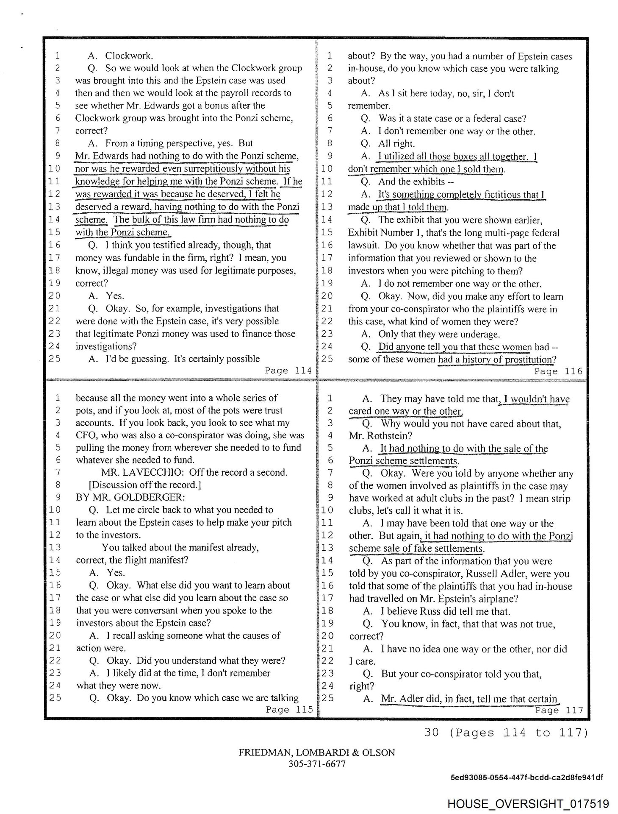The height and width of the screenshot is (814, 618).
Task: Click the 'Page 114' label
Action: tap(288, 371)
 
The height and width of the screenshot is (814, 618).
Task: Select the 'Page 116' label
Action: tap(558, 371)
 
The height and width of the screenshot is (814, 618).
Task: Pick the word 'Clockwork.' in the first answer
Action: tap(129, 56)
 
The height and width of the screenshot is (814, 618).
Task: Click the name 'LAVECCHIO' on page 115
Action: tap(155, 472)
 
